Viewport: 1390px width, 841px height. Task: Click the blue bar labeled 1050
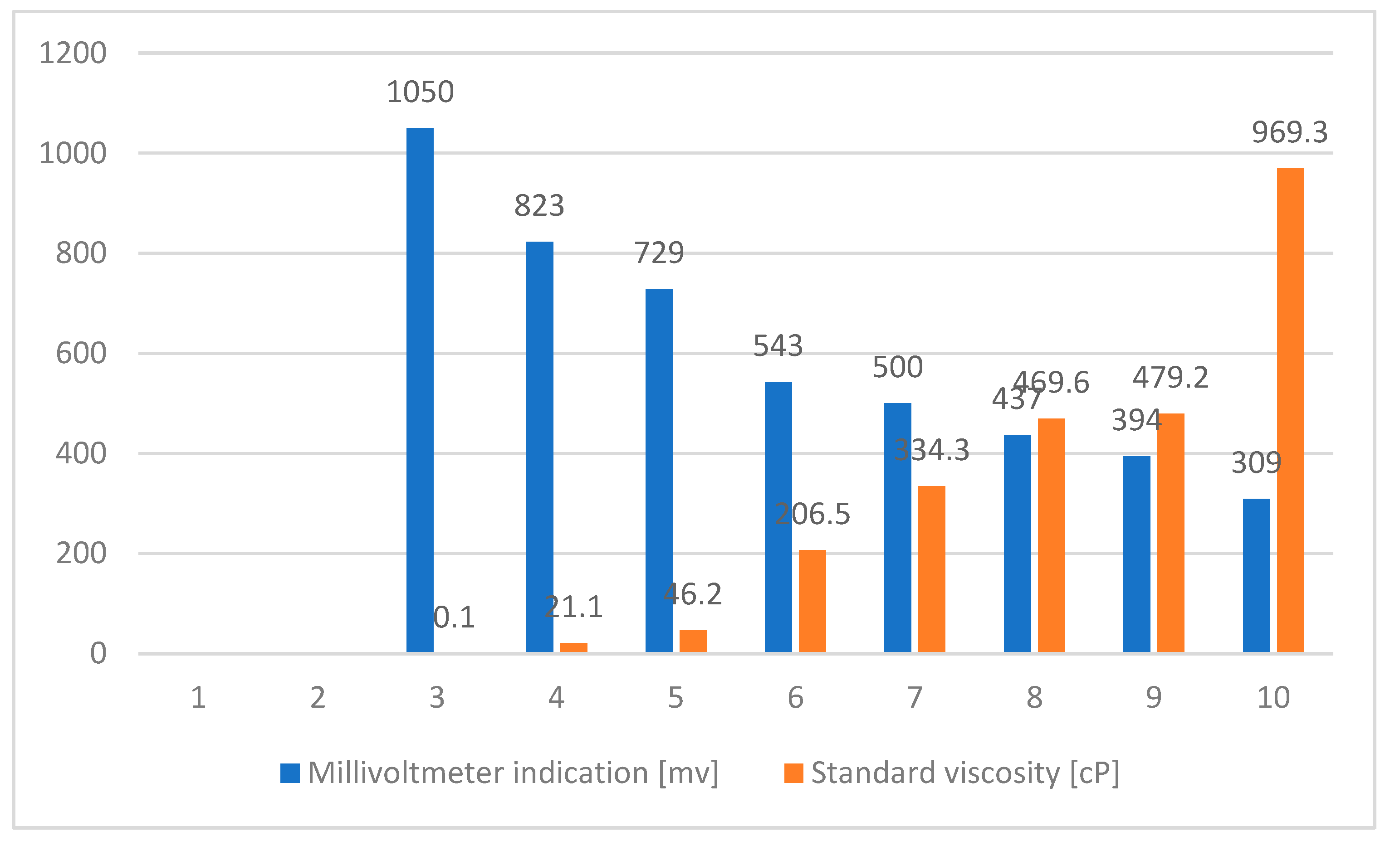tap(420, 389)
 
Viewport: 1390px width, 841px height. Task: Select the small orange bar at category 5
tap(693, 641)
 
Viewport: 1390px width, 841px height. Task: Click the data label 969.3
tap(1290, 133)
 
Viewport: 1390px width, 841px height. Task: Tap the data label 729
tap(659, 253)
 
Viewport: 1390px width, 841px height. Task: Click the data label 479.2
tap(1170, 378)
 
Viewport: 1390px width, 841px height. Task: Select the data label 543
tap(778, 345)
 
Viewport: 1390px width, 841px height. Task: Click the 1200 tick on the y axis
tap(72, 53)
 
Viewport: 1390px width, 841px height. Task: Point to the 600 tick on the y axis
tap(81, 354)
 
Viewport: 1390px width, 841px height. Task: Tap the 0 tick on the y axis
tap(98, 654)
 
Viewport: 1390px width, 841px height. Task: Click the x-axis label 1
tap(198, 698)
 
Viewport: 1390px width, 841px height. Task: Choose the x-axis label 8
tap(1034, 698)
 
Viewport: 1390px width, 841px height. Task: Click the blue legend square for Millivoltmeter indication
tap(290, 773)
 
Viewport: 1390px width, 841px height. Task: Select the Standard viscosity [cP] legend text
tap(964, 773)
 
